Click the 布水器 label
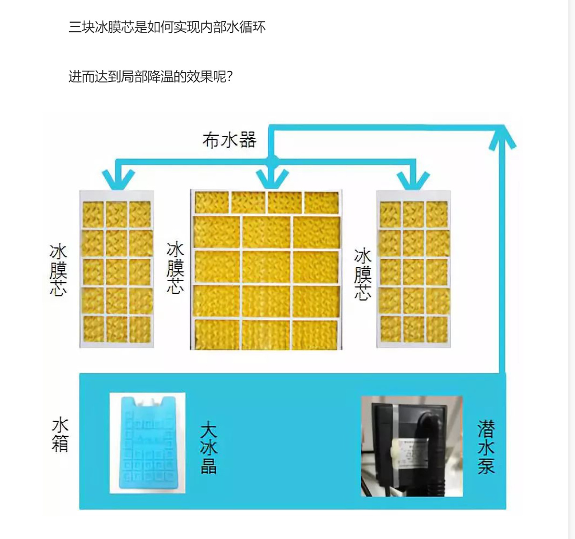pyautogui.click(x=229, y=140)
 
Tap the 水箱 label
pyautogui.click(x=60, y=435)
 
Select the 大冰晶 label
pyautogui.click(x=209, y=447)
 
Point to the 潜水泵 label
pyautogui.click(x=486, y=447)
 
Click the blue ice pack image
pyautogui.click(x=147, y=443)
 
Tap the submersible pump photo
pyautogui.click(x=412, y=446)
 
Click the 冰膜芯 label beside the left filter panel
pyautogui.click(x=58, y=270)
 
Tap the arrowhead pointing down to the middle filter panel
pyautogui.click(x=272, y=179)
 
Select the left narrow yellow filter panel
pyautogui.click(x=117, y=269)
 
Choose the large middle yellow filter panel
pyautogui.click(x=266, y=270)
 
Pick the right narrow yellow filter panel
pyautogui.click(x=414, y=269)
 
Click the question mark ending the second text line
pyautogui.click(x=230, y=77)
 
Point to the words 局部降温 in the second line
pyautogui.click(x=147, y=77)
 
